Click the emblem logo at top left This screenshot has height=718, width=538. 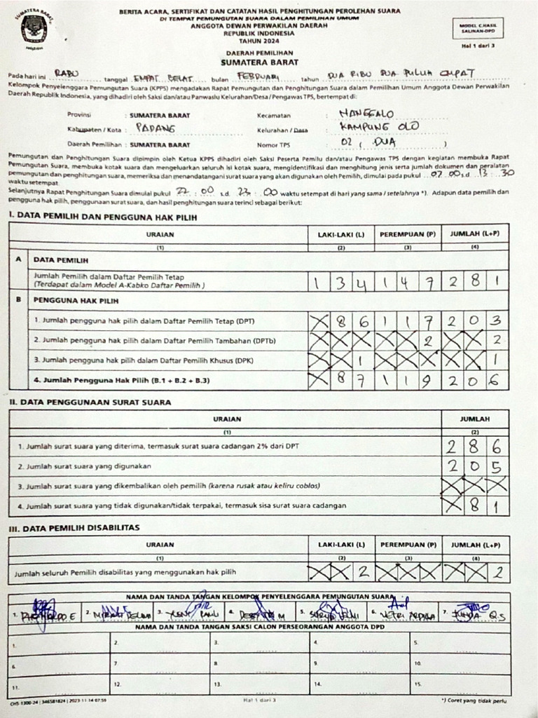point(32,29)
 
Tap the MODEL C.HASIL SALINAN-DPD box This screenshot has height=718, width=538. point(483,28)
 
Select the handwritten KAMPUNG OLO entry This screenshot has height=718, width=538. point(379,126)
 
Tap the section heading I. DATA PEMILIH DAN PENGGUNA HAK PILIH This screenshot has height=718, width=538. point(103,217)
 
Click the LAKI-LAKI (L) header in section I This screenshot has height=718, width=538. point(341,235)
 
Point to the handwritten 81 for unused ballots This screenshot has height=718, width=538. point(485,505)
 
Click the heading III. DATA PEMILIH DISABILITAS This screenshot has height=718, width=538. point(74,527)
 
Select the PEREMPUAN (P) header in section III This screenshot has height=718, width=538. point(408,544)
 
